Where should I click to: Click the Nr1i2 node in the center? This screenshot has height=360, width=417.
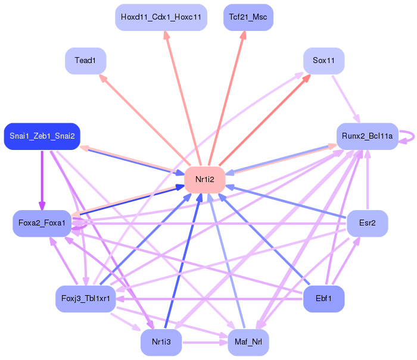205,180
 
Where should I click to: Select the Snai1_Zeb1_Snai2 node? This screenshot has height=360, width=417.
42,136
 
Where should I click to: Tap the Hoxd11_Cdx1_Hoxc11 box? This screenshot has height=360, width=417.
161,17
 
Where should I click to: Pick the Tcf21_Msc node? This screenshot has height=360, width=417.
248,17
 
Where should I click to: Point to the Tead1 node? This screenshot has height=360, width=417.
86,61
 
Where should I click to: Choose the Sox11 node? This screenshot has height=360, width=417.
323,61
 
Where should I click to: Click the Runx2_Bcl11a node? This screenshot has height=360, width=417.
368,136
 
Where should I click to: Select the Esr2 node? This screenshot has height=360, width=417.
368,223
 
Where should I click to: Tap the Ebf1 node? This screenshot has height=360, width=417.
323,299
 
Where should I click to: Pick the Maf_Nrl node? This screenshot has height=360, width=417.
248,342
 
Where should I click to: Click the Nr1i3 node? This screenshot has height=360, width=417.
161,342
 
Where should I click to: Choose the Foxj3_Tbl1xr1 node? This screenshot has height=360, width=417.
86,299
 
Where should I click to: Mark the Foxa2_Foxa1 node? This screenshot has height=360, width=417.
42,223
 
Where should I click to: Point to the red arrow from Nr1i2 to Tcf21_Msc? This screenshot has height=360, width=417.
226,98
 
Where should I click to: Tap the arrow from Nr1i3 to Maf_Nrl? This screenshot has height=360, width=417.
205,342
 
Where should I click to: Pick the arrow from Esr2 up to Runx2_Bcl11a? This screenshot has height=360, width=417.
368,180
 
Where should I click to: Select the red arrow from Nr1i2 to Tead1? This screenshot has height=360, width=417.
144,120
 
